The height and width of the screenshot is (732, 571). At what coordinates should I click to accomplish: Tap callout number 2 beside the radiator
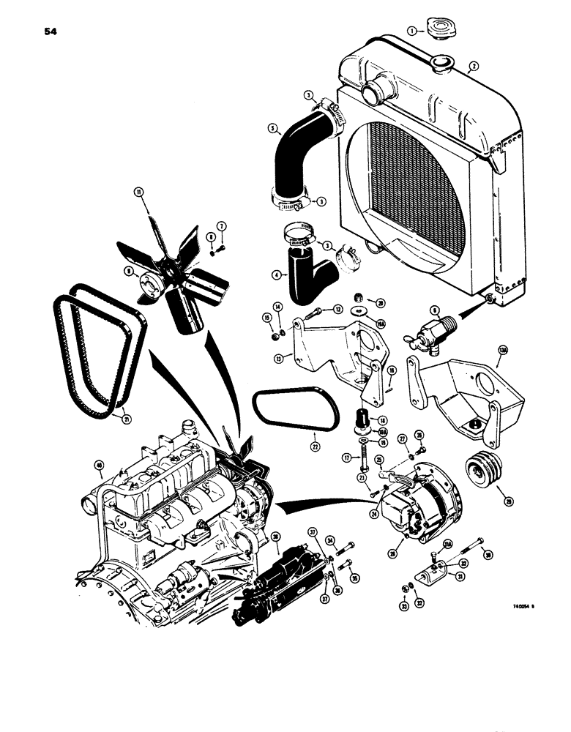pyautogui.click(x=474, y=66)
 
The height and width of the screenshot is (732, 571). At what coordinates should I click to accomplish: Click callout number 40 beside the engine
pyautogui.click(x=99, y=464)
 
